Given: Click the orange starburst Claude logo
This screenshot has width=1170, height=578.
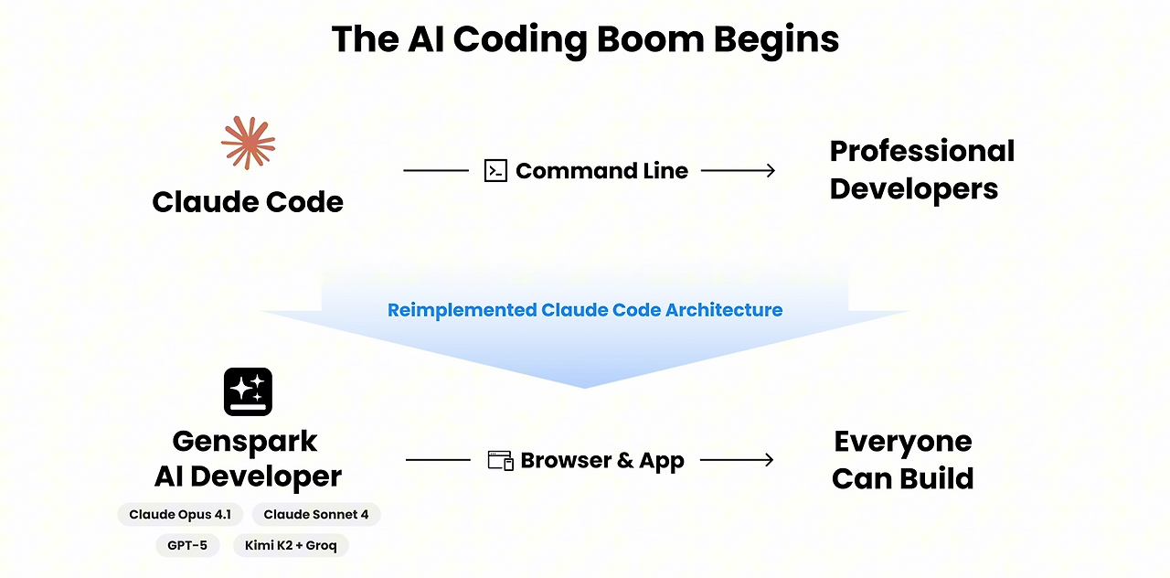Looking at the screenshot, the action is click(x=248, y=143).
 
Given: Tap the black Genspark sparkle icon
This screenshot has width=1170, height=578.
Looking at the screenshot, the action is click(x=248, y=392).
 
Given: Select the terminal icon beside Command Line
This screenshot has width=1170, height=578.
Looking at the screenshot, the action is click(x=495, y=170).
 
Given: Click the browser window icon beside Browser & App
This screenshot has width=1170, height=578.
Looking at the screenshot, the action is click(x=500, y=460).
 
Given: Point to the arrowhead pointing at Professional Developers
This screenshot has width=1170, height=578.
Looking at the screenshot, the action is click(x=771, y=170).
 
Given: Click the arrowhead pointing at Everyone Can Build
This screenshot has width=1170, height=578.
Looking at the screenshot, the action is click(x=769, y=460).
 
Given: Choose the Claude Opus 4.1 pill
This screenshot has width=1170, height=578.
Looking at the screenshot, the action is click(x=180, y=515).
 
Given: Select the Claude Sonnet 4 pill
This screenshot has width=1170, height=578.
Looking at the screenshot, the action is click(x=316, y=515).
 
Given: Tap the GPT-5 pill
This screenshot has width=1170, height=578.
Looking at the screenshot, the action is click(x=187, y=546).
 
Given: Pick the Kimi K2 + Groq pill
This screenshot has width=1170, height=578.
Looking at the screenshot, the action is click(x=291, y=546).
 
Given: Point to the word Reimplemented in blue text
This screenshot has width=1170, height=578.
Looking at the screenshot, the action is click(x=463, y=310).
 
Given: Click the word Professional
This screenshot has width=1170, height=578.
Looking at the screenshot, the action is click(x=922, y=151).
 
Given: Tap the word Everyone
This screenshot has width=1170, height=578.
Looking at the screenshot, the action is click(x=903, y=442).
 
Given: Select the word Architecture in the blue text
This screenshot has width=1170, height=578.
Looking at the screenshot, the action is click(x=724, y=310).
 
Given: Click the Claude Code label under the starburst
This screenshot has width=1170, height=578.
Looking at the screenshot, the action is click(x=248, y=202).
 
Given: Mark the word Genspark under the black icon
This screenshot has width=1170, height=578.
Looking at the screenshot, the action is click(x=244, y=442).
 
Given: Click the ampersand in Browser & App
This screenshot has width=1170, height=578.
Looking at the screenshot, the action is click(x=625, y=460).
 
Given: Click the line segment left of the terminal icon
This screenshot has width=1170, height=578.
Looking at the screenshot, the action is click(x=436, y=170).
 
